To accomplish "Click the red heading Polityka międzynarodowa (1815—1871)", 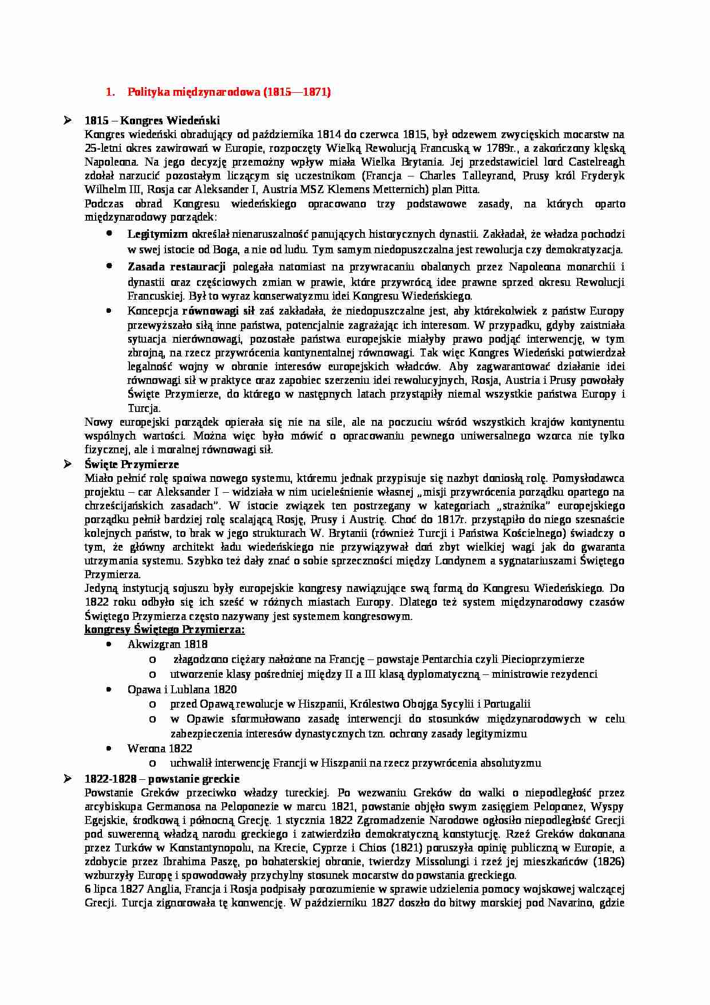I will [x=229, y=92].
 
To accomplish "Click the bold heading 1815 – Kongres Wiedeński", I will [x=152, y=120].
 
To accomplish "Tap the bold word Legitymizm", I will [x=157, y=234].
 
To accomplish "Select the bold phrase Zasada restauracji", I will [x=176, y=267].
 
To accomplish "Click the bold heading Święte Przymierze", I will [x=132, y=464].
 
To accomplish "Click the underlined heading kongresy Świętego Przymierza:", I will [x=164, y=630].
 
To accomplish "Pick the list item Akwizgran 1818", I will [x=159, y=645].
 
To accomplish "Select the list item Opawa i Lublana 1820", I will [x=182, y=689].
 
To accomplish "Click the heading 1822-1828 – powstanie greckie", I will [x=162, y=779].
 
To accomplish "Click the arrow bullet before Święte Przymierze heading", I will [x=68, y=464].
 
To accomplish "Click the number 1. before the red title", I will [x=111, y=92].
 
